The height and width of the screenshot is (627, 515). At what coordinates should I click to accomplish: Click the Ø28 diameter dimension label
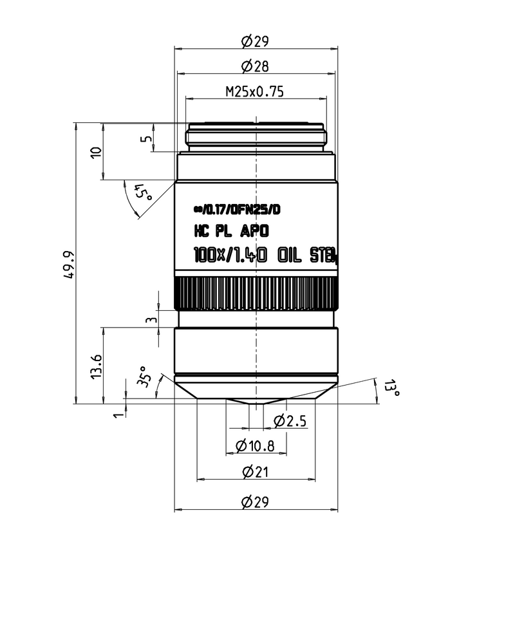point(255,66)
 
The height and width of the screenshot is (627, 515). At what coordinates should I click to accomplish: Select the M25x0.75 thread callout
point(255,91)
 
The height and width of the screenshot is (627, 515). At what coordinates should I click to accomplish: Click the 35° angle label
point(145,380)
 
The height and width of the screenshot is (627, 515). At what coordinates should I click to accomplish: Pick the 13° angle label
point(391,388)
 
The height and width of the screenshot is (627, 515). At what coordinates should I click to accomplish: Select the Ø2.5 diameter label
point(290,422)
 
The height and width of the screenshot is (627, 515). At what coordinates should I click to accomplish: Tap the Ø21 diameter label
point(255,472)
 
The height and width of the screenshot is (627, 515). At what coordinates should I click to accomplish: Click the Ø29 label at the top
point(255,42)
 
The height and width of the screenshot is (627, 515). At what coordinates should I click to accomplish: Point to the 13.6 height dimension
point(97,366)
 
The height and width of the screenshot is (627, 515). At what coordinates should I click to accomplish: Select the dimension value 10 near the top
point(97,152)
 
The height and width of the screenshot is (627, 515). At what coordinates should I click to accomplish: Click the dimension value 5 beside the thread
point(147,138)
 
